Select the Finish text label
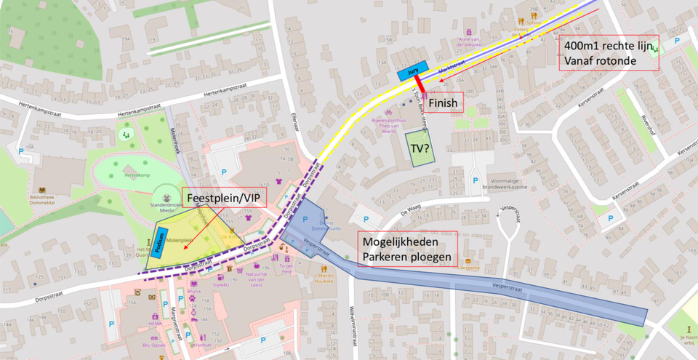pyautogui.click(x=443, y=103)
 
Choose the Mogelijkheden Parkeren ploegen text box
pyautogui.click(x=408, y=249)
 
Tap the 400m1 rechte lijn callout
pyautogui.click(x=609, y=52)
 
